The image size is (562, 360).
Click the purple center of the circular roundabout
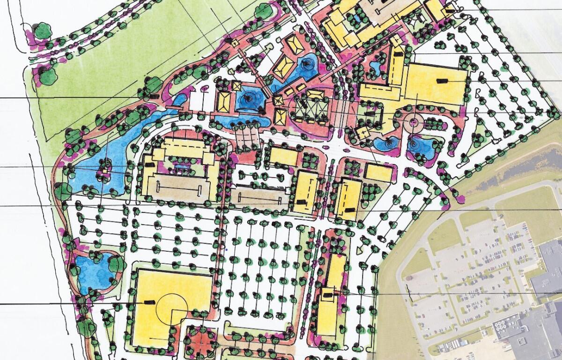coord(414,123)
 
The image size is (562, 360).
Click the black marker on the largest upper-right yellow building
coord(441,81)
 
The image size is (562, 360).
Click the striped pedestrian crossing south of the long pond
coord(248,137)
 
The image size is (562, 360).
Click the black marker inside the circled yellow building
coord(150,302)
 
